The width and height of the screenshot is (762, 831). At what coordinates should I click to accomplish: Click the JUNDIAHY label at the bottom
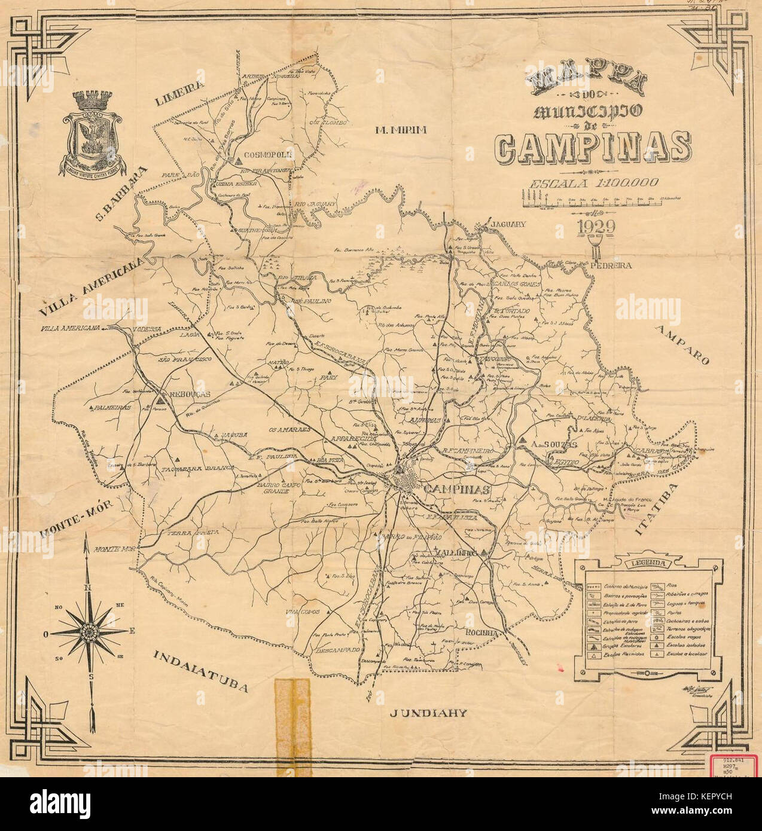tap(427, 713)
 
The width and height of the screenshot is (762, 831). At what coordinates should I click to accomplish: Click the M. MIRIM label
tap(400, 131)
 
